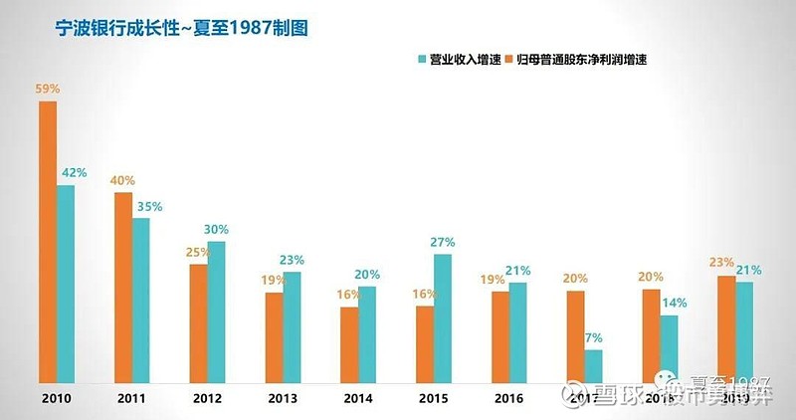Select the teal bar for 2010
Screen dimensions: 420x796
click(66, 284)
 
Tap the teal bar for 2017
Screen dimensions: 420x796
click(593, 366)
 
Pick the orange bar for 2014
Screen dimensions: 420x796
click(348, 344)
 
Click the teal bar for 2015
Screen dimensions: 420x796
click(443, 318)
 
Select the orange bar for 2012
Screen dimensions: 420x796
click(198, 323)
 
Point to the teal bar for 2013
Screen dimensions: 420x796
click(292, 327)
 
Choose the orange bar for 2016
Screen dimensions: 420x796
click(500, 337)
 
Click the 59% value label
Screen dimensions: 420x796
click(47, 89)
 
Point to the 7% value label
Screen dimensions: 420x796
click(594, 337)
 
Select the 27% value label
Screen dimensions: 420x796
click(443, 242)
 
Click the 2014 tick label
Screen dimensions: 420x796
click(358, 398)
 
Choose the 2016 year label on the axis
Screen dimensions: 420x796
click(509, 398)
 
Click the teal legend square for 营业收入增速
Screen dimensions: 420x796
click(423, 60)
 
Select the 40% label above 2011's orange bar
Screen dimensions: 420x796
click(122, 180)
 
